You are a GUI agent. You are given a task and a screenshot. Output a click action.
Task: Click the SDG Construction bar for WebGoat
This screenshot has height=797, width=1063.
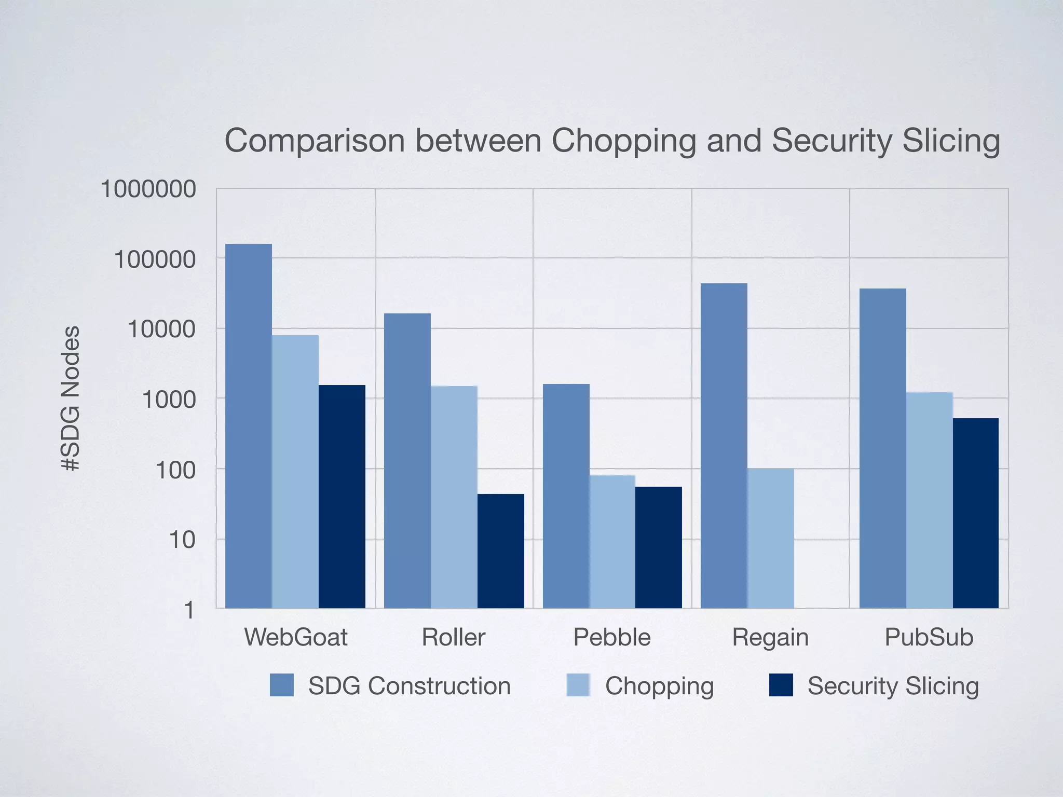248,425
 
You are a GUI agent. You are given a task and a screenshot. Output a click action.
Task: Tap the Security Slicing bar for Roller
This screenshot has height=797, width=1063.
500,551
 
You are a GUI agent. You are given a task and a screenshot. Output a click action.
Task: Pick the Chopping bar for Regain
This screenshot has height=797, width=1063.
770,538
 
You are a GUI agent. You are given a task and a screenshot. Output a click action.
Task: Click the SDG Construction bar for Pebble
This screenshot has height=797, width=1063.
566,496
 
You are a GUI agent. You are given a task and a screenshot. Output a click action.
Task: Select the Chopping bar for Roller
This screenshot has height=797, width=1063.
454,497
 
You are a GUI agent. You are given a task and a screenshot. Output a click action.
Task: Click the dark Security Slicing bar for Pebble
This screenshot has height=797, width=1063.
658,547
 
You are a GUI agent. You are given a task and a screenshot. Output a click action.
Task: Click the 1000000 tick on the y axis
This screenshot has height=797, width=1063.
148,189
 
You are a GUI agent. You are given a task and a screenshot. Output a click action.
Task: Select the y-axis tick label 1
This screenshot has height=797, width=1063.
189,610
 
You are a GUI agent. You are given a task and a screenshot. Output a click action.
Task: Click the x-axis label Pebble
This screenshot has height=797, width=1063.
611,637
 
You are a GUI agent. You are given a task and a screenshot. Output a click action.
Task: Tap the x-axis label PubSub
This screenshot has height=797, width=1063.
929,637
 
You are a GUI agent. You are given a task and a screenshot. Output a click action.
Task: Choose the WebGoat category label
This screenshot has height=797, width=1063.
295,637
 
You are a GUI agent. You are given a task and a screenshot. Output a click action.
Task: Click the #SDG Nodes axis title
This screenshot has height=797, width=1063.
71,398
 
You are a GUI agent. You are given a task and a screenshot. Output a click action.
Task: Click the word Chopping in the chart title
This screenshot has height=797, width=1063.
623,141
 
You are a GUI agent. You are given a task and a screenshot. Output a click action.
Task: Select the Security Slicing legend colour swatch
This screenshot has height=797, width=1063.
781,685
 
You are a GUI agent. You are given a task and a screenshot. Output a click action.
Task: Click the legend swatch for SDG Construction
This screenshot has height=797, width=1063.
282,685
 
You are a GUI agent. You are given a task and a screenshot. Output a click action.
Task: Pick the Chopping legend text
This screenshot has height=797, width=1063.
659,686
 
